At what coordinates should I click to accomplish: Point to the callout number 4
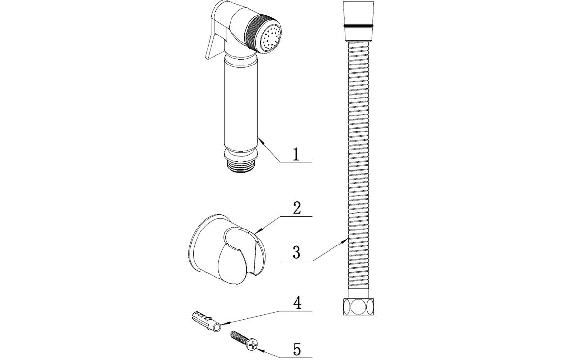pyautogui.click(x=297, y=303)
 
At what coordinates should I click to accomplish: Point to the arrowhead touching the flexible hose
pyautogui.click(x=347, y=239)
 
